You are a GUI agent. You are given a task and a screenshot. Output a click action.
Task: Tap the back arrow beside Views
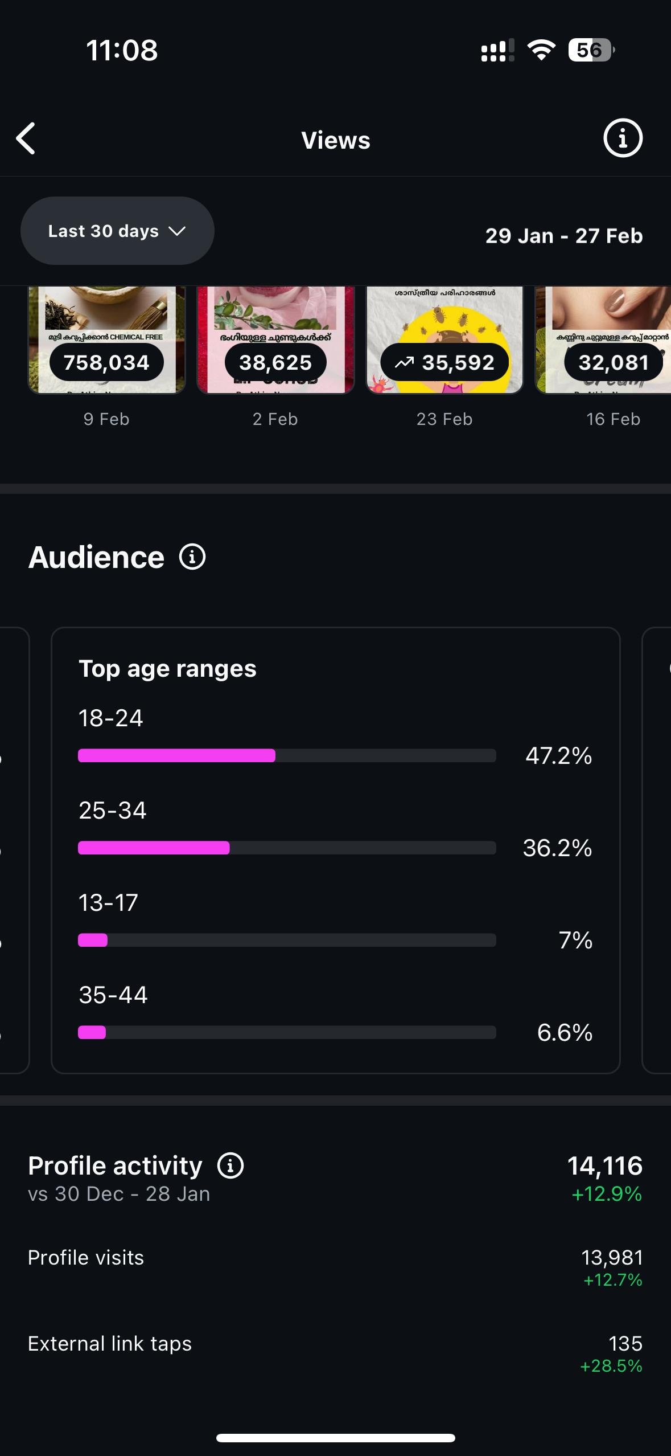click(26, 138)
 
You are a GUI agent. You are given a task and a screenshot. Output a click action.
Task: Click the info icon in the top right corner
click(623, 138)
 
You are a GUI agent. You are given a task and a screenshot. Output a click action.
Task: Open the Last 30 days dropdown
click(117, 231)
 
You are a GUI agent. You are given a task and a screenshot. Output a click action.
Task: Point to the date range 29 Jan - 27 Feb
click(563, 236)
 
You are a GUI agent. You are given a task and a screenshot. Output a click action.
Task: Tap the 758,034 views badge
click(106, 362)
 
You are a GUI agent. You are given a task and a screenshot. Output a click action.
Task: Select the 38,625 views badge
click(275, 362)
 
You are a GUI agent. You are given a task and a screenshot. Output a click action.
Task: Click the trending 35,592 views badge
click(444, 362)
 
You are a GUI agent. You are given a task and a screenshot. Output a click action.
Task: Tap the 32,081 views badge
click(613, 362)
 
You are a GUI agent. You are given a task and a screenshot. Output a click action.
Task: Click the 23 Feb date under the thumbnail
click(444, 419)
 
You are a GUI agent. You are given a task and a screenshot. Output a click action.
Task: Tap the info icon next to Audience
click(192, 557)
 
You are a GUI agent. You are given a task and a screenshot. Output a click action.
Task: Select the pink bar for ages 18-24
click(176, 756)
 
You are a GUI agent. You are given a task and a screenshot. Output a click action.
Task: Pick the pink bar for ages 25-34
click(154, 848)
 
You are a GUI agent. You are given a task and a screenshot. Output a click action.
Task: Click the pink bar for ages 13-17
click(93, 940)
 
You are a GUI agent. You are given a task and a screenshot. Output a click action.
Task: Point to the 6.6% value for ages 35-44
click(565, 1033)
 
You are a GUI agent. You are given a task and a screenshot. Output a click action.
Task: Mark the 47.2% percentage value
click(558, 756)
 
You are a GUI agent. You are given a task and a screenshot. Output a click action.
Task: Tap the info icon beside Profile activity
click(230, 1165)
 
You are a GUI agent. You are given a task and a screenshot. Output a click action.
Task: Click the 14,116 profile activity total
click(604, 1165)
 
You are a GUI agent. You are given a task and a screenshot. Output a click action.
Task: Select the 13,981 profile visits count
click(612, 1257)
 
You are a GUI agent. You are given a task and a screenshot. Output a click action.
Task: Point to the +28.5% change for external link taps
click(611, 1365)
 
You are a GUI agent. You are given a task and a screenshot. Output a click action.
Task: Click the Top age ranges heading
click(167, 669)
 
